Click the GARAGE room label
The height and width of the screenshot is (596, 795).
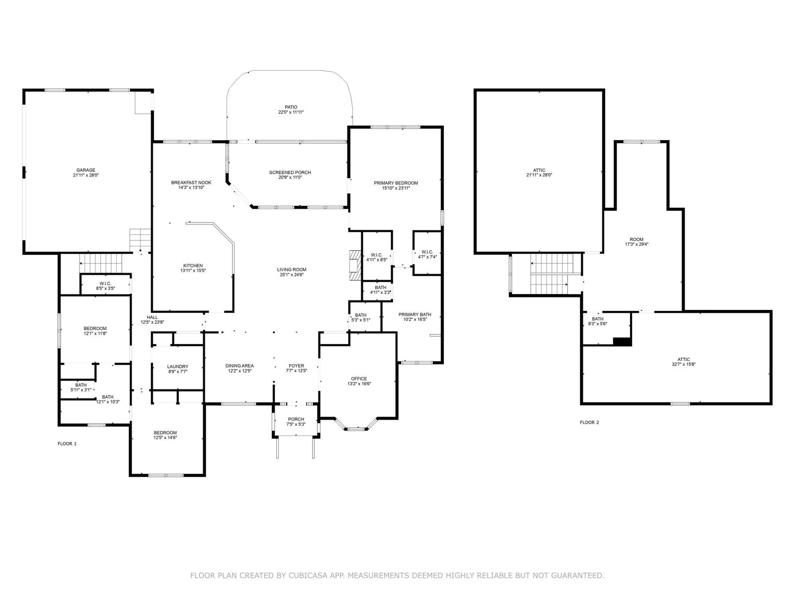[x=86, y=170]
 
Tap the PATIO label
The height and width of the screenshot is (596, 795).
[x=291, y=107]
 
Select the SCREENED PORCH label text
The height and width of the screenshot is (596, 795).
[x=290, y=173]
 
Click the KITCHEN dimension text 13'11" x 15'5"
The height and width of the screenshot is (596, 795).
[x=193, y=271]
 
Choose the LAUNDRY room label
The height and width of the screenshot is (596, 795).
[x=178, y=367]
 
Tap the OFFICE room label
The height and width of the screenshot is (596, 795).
[x=359, y=379]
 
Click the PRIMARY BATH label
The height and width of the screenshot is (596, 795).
[x=415, y=314]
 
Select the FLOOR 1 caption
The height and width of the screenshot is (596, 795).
[x=67, y=444]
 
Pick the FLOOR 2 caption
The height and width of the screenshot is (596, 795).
[x=589, y=422]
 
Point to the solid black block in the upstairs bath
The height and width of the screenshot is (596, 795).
[x=622, y=342]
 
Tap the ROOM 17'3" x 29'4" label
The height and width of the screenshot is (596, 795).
[x=636, y=242]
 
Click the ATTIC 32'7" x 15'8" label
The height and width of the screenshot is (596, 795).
[x=683, y=362]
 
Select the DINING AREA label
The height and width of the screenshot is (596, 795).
[x=239, y=366]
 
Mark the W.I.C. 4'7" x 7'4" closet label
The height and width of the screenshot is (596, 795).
[x=427, y=254]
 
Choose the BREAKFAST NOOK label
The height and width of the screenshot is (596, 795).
[x=191, y=183]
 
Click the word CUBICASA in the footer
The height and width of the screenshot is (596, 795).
[x=306, y=575]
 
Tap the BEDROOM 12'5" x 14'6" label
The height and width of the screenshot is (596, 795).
[x=165, y=436]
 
